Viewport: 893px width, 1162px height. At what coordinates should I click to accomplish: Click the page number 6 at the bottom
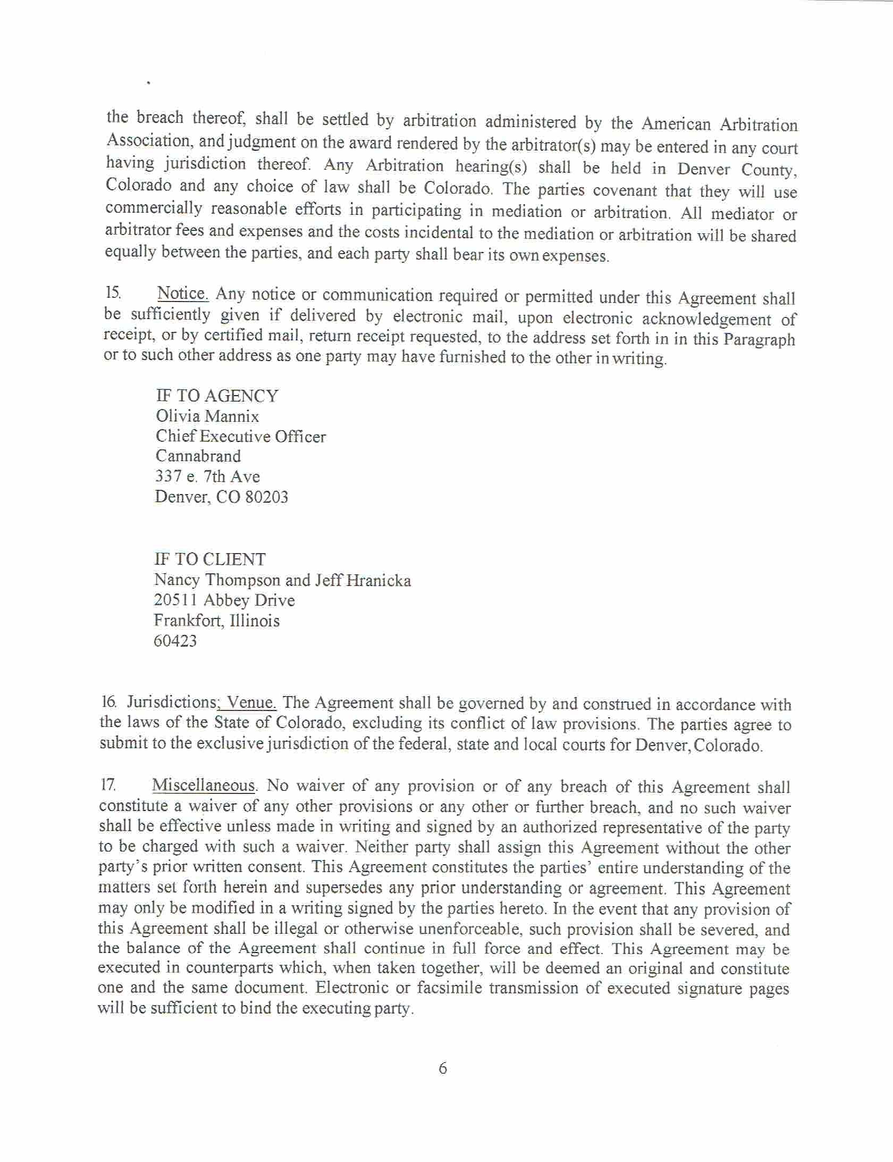tap(443, 1068)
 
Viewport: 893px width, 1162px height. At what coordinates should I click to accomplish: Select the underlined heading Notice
tap(183, 293)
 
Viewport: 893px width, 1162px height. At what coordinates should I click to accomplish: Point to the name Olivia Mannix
tap(207, 416)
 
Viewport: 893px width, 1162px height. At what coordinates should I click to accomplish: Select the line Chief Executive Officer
tap(240, 437)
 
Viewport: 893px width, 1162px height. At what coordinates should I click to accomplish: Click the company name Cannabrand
tap(198, 456)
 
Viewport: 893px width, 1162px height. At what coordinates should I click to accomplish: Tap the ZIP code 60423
tap(175, 641)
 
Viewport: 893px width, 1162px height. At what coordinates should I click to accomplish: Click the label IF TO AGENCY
tap(217, 396)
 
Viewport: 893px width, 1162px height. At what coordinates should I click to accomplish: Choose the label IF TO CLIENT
tap(210, 559)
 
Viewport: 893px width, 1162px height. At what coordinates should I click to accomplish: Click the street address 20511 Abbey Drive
tap(224, 600)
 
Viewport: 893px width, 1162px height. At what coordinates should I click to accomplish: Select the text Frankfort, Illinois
tap(216, 621)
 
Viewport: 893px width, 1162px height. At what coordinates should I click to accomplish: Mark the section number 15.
tap(112, 292)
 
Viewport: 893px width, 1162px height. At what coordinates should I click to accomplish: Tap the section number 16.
tap(108, 703)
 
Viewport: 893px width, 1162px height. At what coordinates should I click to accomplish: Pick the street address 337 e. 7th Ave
tap(207, 476)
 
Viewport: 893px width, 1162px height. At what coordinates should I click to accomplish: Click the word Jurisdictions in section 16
tap(170, 703)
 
